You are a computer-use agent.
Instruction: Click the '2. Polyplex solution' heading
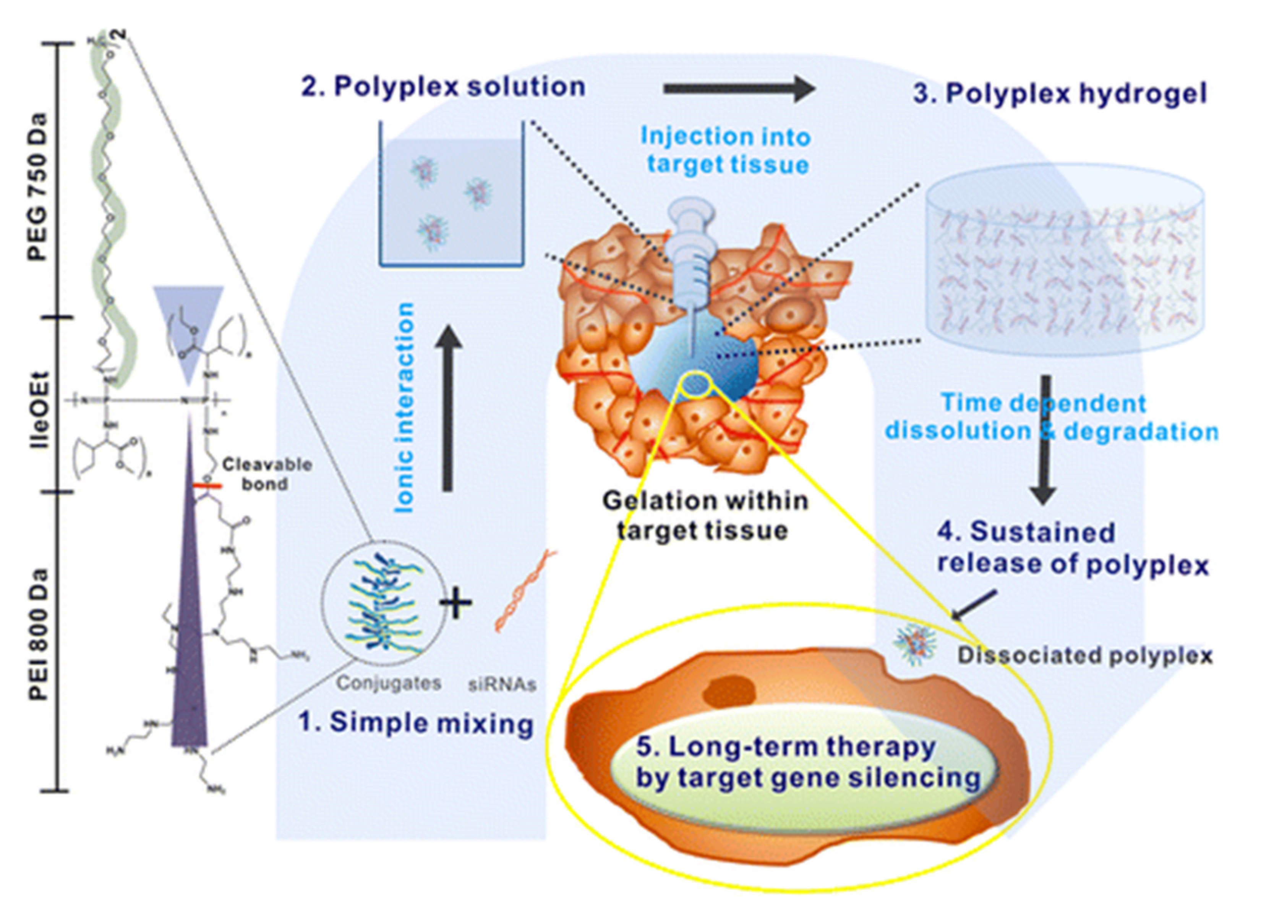[x=443, y=87]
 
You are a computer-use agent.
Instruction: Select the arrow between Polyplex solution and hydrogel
[x=739, y=89]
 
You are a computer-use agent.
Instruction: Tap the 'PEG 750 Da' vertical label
[x=39, y=186]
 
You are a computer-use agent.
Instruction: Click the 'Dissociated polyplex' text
[x=1084, y=656]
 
